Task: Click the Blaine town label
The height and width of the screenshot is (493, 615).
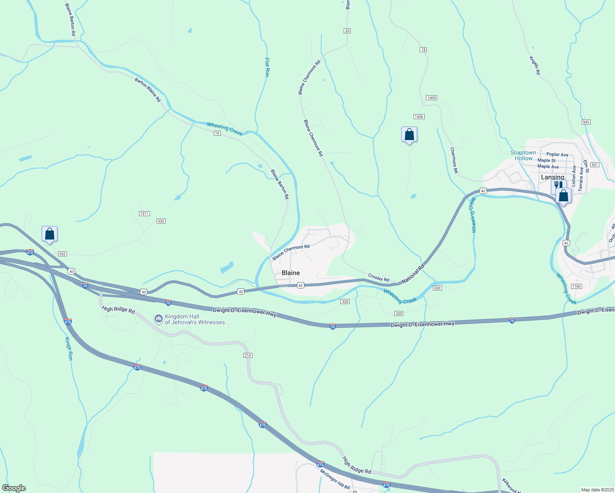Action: (291, 273)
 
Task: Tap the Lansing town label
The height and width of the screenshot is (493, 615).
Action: (552, 177)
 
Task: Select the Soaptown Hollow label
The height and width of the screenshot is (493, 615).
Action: (523, 155)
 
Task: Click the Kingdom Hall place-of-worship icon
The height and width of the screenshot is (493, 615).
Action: (158, 319)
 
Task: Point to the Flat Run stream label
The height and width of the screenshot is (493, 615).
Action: (267, 67)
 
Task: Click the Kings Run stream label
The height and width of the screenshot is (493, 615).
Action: (69, 348)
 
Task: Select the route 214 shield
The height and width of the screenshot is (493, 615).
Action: (247, 355)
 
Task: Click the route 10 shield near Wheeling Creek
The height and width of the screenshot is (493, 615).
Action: (217, 133)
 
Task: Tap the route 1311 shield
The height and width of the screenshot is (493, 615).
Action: (144, 214)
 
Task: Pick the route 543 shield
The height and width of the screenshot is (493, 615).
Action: (586, 122)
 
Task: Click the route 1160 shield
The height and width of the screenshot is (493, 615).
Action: (576, 286)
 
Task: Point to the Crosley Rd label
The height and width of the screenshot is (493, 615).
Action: (378, 278)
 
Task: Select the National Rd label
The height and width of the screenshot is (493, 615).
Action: (413, 274)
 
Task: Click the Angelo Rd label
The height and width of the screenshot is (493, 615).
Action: (534, 65)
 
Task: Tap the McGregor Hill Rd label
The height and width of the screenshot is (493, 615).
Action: (335, 478)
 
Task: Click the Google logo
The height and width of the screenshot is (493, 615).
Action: (14, 488)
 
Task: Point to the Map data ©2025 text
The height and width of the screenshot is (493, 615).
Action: (597, 490)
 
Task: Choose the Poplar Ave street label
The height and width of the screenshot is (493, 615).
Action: (557, 155)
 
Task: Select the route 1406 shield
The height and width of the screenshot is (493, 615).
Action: (419, 117)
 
